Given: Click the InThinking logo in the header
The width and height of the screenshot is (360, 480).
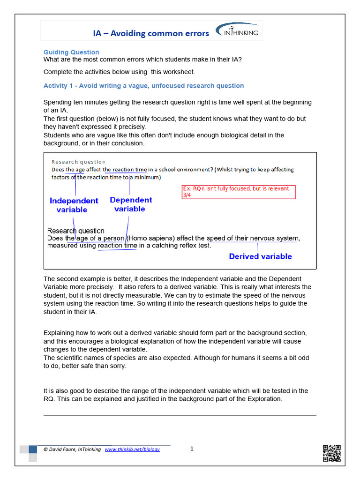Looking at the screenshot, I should point(237,31).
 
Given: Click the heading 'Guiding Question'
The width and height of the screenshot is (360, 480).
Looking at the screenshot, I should point(71,52).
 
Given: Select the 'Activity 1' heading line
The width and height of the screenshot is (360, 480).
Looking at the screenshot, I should point(143,86).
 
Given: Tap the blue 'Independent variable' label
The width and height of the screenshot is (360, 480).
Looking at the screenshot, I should point(74,205).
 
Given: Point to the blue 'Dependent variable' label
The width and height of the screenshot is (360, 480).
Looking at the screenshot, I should point(131,204).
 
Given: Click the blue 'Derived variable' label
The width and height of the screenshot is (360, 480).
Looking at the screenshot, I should point(260,256).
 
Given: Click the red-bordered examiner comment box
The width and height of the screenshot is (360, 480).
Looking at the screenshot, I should point(239,192).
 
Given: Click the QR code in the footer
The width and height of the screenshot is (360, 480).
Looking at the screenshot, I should point(331,453).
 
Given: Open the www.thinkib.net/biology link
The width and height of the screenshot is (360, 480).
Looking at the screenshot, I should point(132,449).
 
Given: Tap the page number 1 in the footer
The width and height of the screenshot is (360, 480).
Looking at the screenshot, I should point(192,449).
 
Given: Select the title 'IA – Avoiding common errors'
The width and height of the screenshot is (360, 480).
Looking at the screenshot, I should point(150,33).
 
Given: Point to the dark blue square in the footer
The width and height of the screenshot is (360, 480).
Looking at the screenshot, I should point(33,449).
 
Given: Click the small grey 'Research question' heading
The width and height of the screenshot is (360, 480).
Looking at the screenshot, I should point(78,162).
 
